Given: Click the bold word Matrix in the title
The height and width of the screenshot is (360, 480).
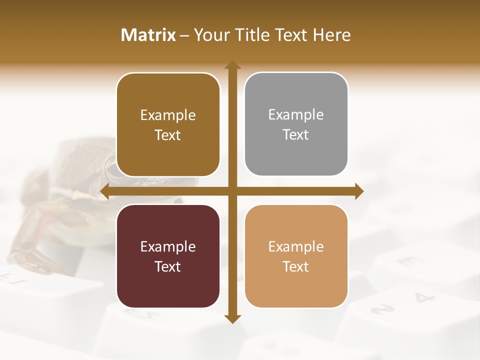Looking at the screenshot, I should click(x=148, y=35).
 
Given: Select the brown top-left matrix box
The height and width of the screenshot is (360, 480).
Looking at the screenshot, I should click(x=168, y=125).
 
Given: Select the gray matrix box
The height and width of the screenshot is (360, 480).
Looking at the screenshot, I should click(x=296, y=124).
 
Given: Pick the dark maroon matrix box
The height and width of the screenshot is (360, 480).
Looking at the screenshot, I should click(x=168, y=256).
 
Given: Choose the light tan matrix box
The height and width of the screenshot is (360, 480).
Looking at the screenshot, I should click(x=296, y=256).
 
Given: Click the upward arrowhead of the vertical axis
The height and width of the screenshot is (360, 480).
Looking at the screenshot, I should click(x=232, y=65).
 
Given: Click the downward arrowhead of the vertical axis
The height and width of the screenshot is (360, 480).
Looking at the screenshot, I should click(x=232, y=319).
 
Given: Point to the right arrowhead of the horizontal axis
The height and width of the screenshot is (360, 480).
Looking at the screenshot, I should click(x=359, y=191).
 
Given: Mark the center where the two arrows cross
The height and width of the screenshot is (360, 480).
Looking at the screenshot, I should click(x=232, y=191).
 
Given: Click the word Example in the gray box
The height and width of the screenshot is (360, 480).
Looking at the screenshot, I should click(x=296, y=114).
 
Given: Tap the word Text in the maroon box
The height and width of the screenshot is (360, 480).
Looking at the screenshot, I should click(x=168, y=266).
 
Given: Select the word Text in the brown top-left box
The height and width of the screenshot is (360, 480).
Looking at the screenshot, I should click(x=168, y=135).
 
